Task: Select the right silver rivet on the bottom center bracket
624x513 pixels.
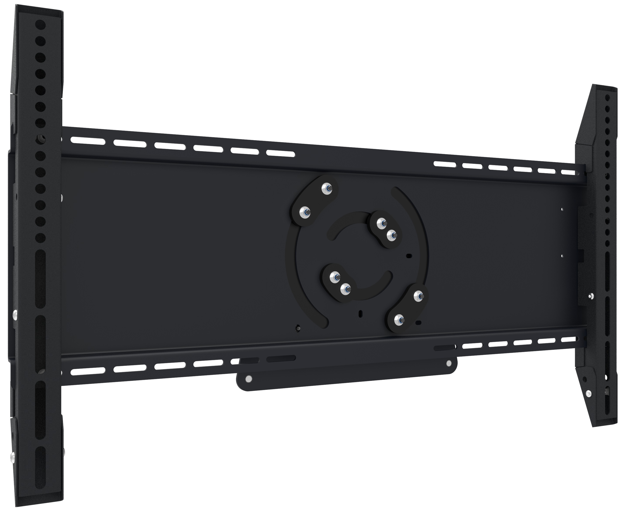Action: (449, 363)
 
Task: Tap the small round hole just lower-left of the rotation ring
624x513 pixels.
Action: (298, 328)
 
